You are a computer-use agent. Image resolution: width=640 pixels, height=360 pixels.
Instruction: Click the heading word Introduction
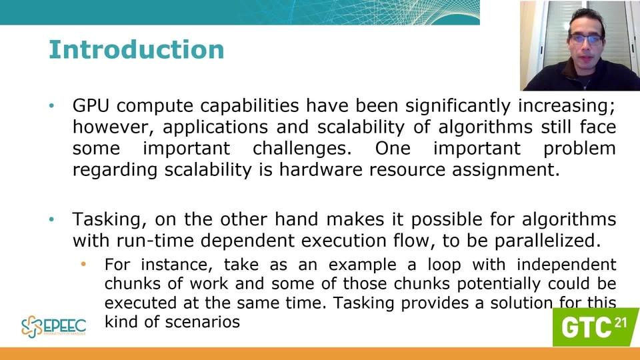136,50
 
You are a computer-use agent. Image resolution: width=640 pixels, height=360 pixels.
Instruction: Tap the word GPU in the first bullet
91,106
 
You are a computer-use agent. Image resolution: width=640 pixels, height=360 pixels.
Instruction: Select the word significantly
458,107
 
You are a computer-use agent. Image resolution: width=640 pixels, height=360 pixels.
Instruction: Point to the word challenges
302,149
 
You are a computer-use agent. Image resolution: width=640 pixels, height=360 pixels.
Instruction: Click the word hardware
321,169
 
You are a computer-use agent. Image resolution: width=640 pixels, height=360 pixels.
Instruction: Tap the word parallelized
548,241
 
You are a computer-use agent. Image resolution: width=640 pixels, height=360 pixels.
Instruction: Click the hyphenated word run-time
155,241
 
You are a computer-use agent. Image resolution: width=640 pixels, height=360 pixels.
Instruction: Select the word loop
444,265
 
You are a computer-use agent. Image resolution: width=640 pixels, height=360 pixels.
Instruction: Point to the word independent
567,265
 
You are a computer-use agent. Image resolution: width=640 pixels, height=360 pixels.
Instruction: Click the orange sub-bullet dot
83,265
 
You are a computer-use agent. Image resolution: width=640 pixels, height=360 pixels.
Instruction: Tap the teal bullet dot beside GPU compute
51,106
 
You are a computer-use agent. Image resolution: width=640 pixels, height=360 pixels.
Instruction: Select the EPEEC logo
53,327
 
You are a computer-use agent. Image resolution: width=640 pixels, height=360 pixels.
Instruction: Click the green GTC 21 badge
596,327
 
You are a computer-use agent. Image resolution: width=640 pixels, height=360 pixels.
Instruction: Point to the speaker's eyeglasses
586,39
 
